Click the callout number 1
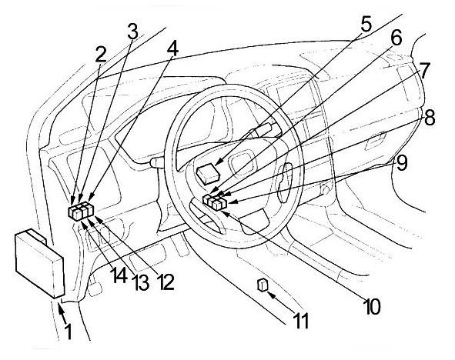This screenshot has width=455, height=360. (x=68, y=332)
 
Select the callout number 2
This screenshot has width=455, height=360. (x=101, y=54)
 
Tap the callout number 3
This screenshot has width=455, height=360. (x=132, y=31)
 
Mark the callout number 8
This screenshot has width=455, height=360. (x=429, y=118)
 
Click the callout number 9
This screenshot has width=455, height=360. (x=402, y=162)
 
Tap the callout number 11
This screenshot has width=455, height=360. (x=301, y=320)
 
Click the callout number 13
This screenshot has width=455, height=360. (x=142, y=282)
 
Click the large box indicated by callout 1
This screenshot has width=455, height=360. (x=39, y=262)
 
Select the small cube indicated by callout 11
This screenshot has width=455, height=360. (x=262, y=285)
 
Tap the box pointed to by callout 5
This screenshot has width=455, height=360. (x=208, y=173)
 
